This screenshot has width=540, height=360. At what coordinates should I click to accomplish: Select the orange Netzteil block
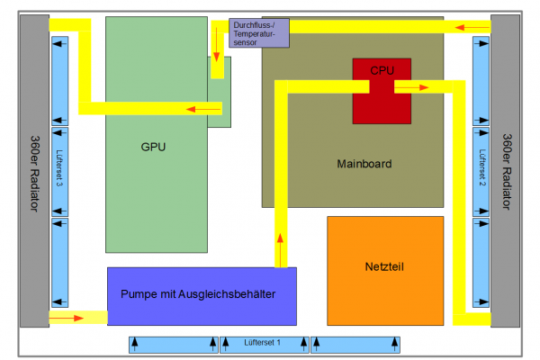tap(385, 267)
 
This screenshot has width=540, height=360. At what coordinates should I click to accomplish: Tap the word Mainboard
tap(364, 164)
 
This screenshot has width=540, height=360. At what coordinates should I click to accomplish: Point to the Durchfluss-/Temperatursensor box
tap(259, 34)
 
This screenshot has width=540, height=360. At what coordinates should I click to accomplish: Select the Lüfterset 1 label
tap(262, 343)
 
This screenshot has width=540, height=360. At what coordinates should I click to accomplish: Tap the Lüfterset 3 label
tap(59, 171)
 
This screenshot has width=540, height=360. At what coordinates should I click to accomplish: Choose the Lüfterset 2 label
tap(482, 171)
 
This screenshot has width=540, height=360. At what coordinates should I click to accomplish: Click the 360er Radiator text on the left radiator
tap(32, 171)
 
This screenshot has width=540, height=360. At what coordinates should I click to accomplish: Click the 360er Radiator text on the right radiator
tap(508, 171)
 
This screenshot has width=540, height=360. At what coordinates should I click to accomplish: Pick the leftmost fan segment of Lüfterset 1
tap(173, 343)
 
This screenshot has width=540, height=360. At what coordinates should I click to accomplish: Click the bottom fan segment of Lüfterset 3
tap(59, 262)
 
